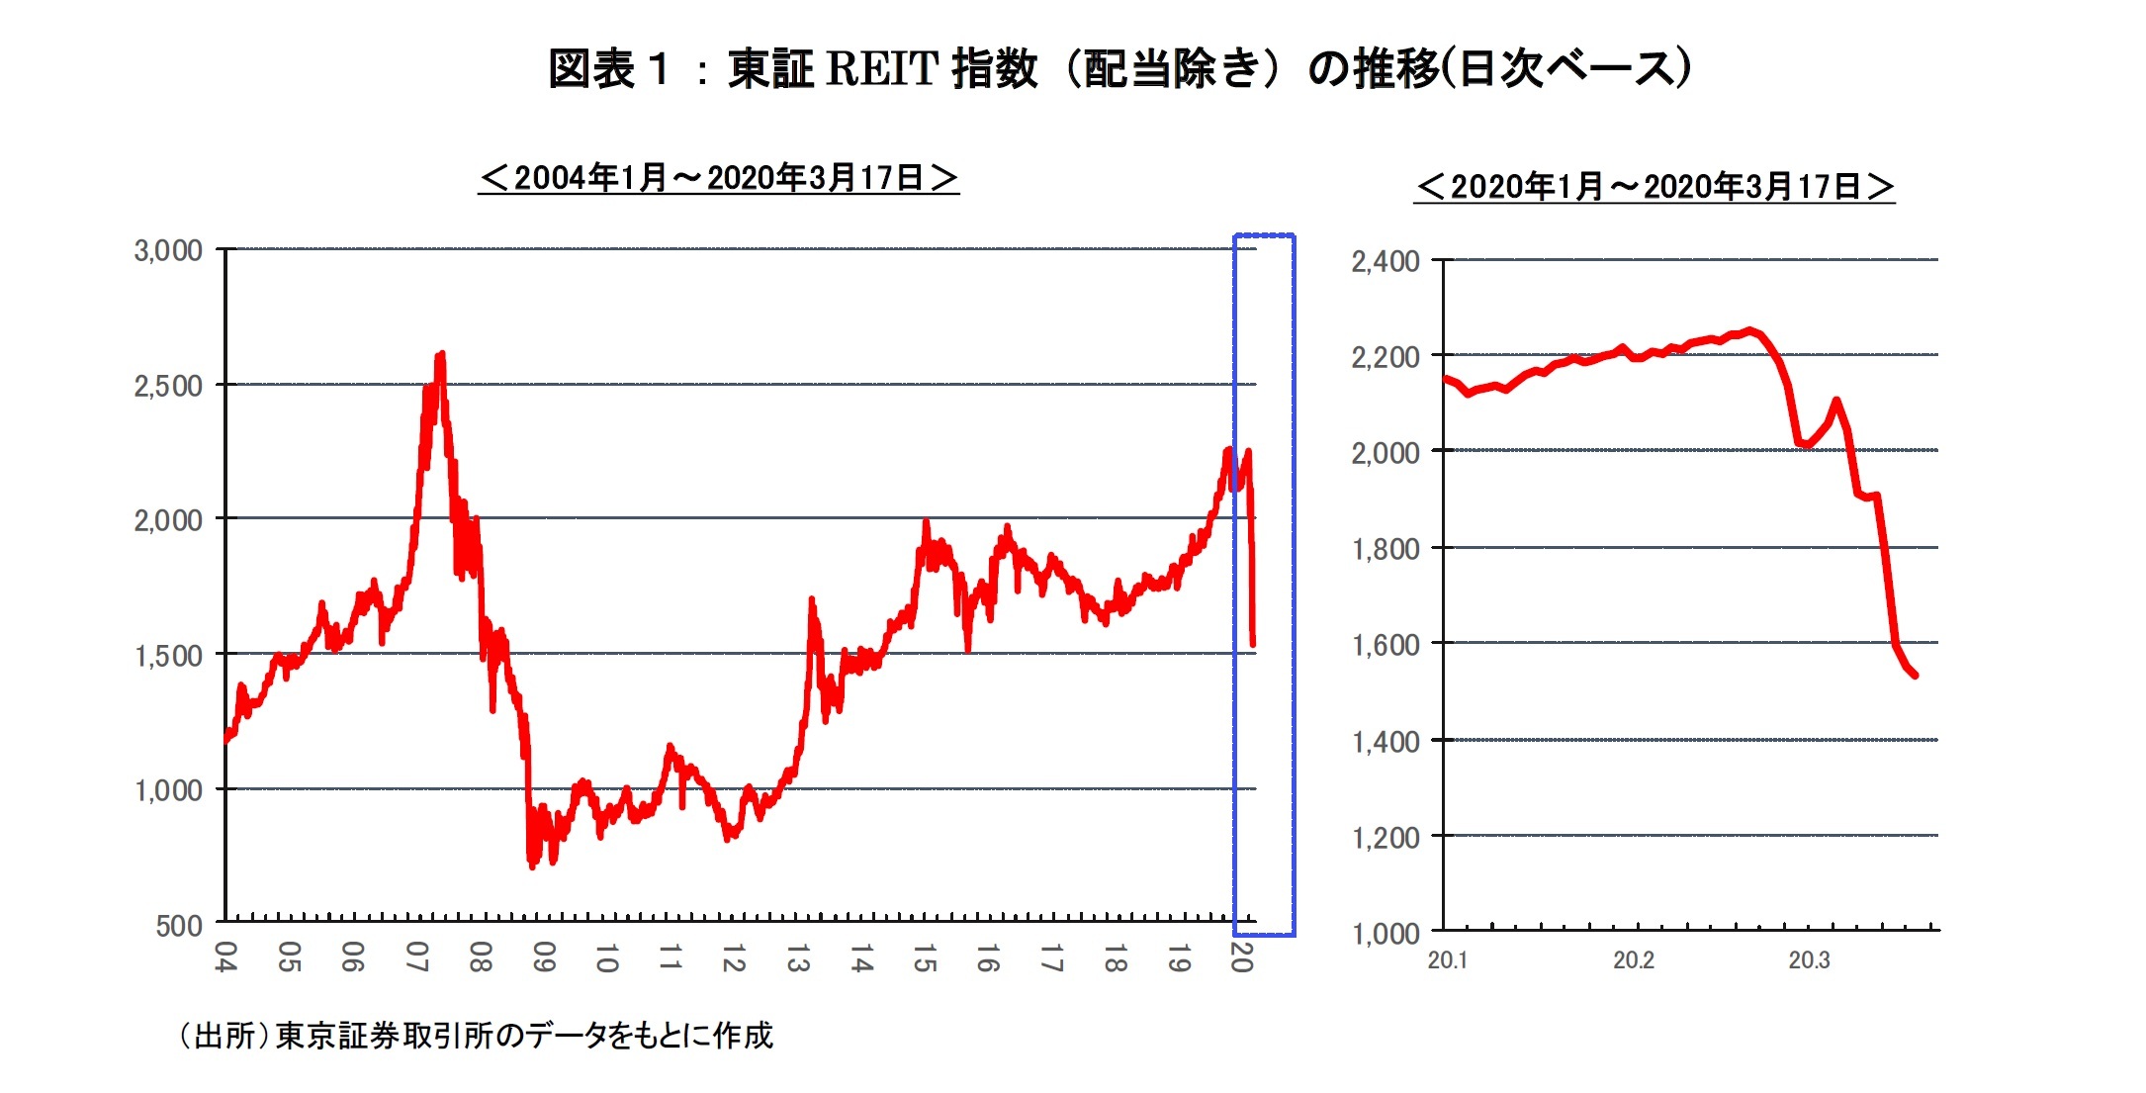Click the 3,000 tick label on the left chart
click(168, 250)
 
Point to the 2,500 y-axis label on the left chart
click(168, 386)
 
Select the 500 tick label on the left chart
click(179, 926)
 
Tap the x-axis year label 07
click(416, 957)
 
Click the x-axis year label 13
click(797, 957)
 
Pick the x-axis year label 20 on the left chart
click(1241, 957)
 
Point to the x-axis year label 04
click(225, 957)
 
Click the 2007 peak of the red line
click(440, 354)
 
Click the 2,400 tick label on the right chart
click(1386, 261)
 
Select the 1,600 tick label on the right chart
click(1386, 645)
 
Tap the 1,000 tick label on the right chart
click(1386, 933)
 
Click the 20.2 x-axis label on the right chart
click(1634, 960)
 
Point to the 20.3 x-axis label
click(1809, 960)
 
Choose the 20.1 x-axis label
click(1448, 960)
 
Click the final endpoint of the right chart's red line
click(1916, 676)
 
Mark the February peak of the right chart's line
click(1749, 330)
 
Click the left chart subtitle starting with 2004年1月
click(719, 178)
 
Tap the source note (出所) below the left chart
click(475, 1036)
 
